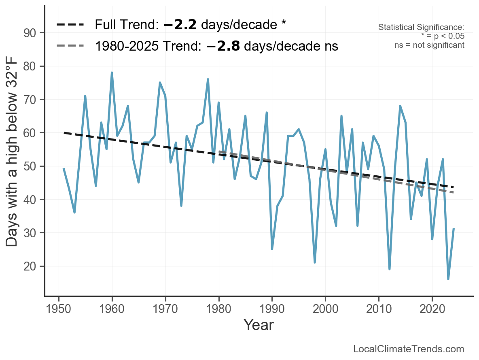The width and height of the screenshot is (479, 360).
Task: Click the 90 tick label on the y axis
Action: (x=29, y=33)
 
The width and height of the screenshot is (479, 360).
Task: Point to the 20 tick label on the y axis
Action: (x=29, y=266)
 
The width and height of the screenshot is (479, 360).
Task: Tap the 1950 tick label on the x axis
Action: (x=58, y=309)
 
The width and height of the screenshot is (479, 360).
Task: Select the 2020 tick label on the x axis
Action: (x=432, y=309)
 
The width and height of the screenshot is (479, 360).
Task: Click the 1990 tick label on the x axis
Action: (x=272, y=309)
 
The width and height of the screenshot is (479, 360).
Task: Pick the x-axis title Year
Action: (x=259, y=325)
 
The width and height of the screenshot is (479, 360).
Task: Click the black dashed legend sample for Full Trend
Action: (x=70, y=24)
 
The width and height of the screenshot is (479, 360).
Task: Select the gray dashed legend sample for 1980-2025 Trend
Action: (x=70, y=46)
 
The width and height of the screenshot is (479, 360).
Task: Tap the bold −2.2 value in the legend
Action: (x=180, y=24)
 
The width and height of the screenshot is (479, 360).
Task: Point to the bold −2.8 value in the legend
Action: (x=223, y=46)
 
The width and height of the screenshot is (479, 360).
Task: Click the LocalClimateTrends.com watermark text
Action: (x=409, y=349)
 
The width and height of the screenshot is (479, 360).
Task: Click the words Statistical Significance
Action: (x=421, y=27)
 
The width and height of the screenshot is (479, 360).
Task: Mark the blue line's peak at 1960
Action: (x=112, y=72)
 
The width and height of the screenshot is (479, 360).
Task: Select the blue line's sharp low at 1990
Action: (x=272, y=249)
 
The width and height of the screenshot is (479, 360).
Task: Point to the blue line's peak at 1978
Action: (x=208, y=79)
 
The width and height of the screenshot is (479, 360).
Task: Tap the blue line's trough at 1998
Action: (x=315, y=262)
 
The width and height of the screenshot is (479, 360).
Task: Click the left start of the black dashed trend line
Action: (x=64, y=133)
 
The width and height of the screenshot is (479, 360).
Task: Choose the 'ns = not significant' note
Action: (x=429, y=45)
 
